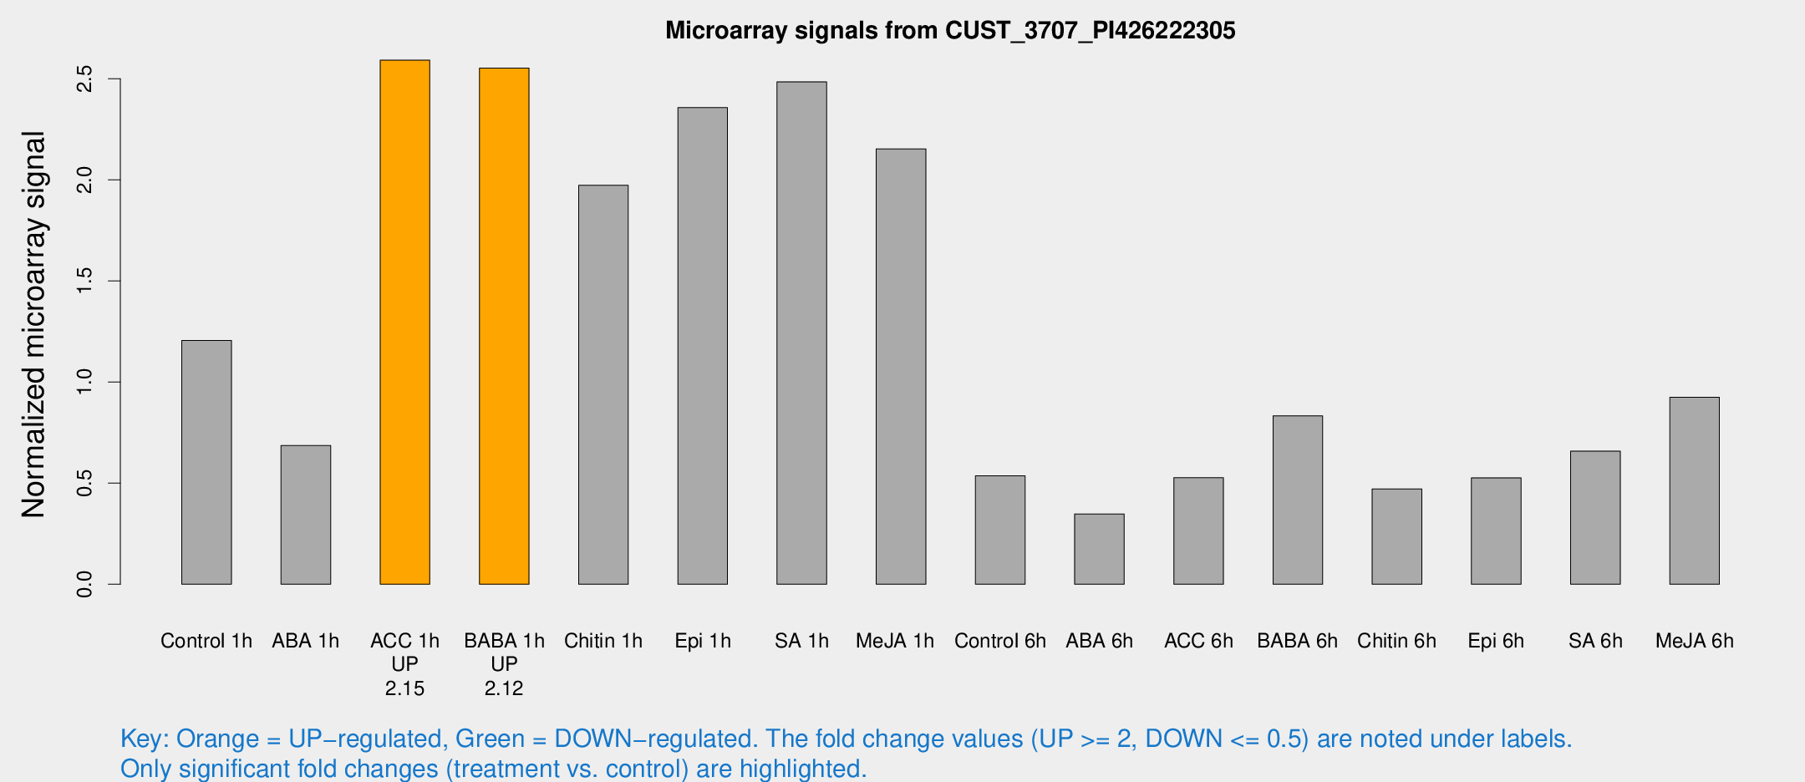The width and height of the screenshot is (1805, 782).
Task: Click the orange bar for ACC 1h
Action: pyautogui.click(x=404, y=322)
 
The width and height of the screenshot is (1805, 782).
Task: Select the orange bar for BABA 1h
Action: pyautogui.click(x=504, y=326)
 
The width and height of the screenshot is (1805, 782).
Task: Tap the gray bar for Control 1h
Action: pyautogui.click(x=206, y=462)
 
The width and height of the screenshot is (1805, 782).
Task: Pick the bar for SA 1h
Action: pyautogui.click(x=801, y=333)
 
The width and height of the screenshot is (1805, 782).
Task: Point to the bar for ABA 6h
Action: pyautogui.click(x=1099, y=549)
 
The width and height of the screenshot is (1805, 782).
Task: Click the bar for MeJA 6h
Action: pyautogui.click(x=1694, y=490)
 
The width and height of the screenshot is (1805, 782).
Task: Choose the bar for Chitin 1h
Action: pyautogui.click(x=603, y=384)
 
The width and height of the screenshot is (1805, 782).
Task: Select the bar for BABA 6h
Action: pyautogui.click(x=1297, y=500)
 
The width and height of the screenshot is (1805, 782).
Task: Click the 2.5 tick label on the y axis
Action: pyautogui.click(x=84, y=79)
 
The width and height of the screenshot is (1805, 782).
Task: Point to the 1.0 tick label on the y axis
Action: pyautogui.click(x=84, y=382)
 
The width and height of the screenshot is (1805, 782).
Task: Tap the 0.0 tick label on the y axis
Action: pyautogui.click(x=84, y=584)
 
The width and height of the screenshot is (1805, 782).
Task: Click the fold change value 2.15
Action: pyautogui.click(x=404, y=688)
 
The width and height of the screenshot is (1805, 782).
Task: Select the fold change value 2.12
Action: pyautogui.click(x=504, y=688)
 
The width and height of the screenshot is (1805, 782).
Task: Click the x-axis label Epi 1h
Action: pyautogui.click(x=703, y=641)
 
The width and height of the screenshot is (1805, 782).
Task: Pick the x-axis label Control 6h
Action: pyautogui.click(x=1000, y=641)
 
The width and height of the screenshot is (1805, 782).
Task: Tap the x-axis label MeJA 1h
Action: pyautogui.click(x=895, y=641)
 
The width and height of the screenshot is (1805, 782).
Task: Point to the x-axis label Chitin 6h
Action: pyautogui.click(x=1396, y=641)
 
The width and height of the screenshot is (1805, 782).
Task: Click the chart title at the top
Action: pyautogui.click(x=950, y=31)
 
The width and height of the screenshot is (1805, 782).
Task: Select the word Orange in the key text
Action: pyautogui.click(x=217, y=739)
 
